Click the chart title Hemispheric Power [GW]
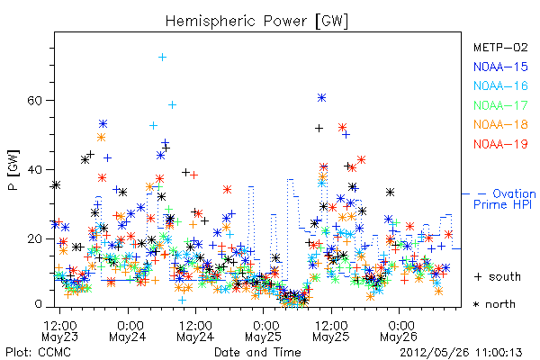click(256, 21)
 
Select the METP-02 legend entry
click(500, 47)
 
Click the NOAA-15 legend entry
click(500, 67)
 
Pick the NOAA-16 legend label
click(500, 85)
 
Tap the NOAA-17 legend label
click(500, 105)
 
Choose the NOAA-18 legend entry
click(500, 124)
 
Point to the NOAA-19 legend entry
click(500, 144)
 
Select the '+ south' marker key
click(498, 276)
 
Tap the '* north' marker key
click(494, 304)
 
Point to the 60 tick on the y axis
click(34, 101)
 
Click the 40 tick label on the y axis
click(34, 170)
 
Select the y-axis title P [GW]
click(13, 170)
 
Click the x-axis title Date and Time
click(257, 353)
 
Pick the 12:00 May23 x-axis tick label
click(60, 330)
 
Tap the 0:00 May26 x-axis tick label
click(399, 330)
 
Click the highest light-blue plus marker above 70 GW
click(163, 58)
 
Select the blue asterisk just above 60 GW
click(321, 98)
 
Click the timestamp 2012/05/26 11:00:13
click(461, 353)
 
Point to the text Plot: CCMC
click(38, 353)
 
